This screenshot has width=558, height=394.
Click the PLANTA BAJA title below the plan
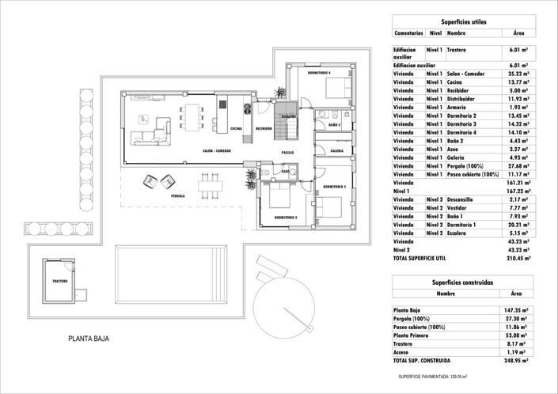tap(89, 339)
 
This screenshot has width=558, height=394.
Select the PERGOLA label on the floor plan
tap(178, 195)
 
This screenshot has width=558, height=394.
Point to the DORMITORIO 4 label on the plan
tap(319, 73)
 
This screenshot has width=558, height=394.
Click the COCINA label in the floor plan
tap(236, 128)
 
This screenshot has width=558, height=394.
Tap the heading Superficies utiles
tap(463, 22)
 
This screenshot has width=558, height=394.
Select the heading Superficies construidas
tap(463, 282)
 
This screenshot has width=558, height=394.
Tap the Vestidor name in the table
tap(460, 208)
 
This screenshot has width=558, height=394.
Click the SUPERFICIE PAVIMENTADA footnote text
tap(432, 377)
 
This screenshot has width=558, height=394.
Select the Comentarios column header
tap(408, 34)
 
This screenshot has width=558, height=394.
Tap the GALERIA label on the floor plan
tap(336, 150)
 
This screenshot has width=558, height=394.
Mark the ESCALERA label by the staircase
tap(288, 116)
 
